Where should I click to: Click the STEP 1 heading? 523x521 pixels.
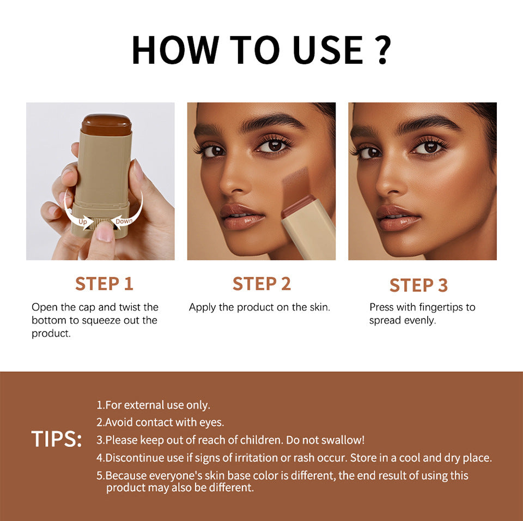pyautogui.click(x=104, y=284)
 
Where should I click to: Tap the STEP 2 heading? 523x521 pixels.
pyautogui.click(x=261, y=284)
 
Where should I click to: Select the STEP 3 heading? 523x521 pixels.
pyautogui.click(x=418, y=285)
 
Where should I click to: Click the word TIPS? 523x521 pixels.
pyautogui.click(x=56, y=439)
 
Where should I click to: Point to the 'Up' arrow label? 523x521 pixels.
pyautogui.click(x=83, y=222)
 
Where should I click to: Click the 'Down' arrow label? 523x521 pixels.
pyautogui.click(x=124, y=221)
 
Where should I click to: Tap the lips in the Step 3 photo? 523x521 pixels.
pyautogui.click(x=398, y=217)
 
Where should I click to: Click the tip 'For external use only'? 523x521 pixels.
pyautogui.click(x=154, y=405)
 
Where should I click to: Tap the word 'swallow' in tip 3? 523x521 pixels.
pyautogui.click(x=343, y=440)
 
